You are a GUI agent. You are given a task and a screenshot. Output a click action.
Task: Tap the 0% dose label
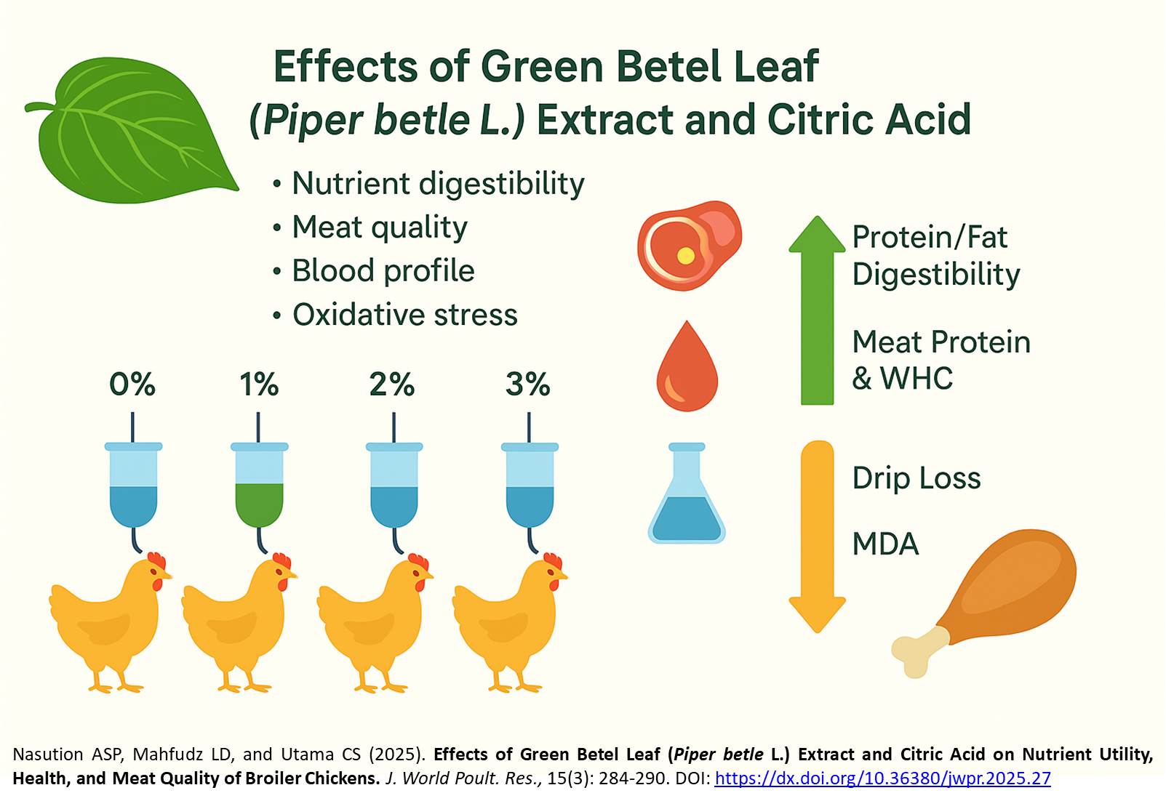pos(132,384)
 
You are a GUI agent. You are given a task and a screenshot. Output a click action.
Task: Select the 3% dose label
pos(528,384)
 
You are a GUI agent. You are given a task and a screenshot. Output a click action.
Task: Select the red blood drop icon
pos(687,367)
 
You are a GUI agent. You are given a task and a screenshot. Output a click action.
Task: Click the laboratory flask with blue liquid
pos(687,498)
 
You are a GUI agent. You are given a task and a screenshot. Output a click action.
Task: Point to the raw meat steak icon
pos(689,245)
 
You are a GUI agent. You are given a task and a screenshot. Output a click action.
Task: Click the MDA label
pos(885,544)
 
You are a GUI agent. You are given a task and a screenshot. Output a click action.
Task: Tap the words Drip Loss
pos(917,478)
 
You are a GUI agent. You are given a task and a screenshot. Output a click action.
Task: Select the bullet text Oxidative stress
pos(404,315)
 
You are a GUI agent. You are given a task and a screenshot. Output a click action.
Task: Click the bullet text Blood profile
pos(383,270)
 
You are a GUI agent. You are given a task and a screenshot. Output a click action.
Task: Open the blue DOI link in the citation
pos(882,778)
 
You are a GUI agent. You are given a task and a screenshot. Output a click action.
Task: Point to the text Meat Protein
pos(941,342)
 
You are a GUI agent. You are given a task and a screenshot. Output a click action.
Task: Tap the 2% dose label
pos(392,384)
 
